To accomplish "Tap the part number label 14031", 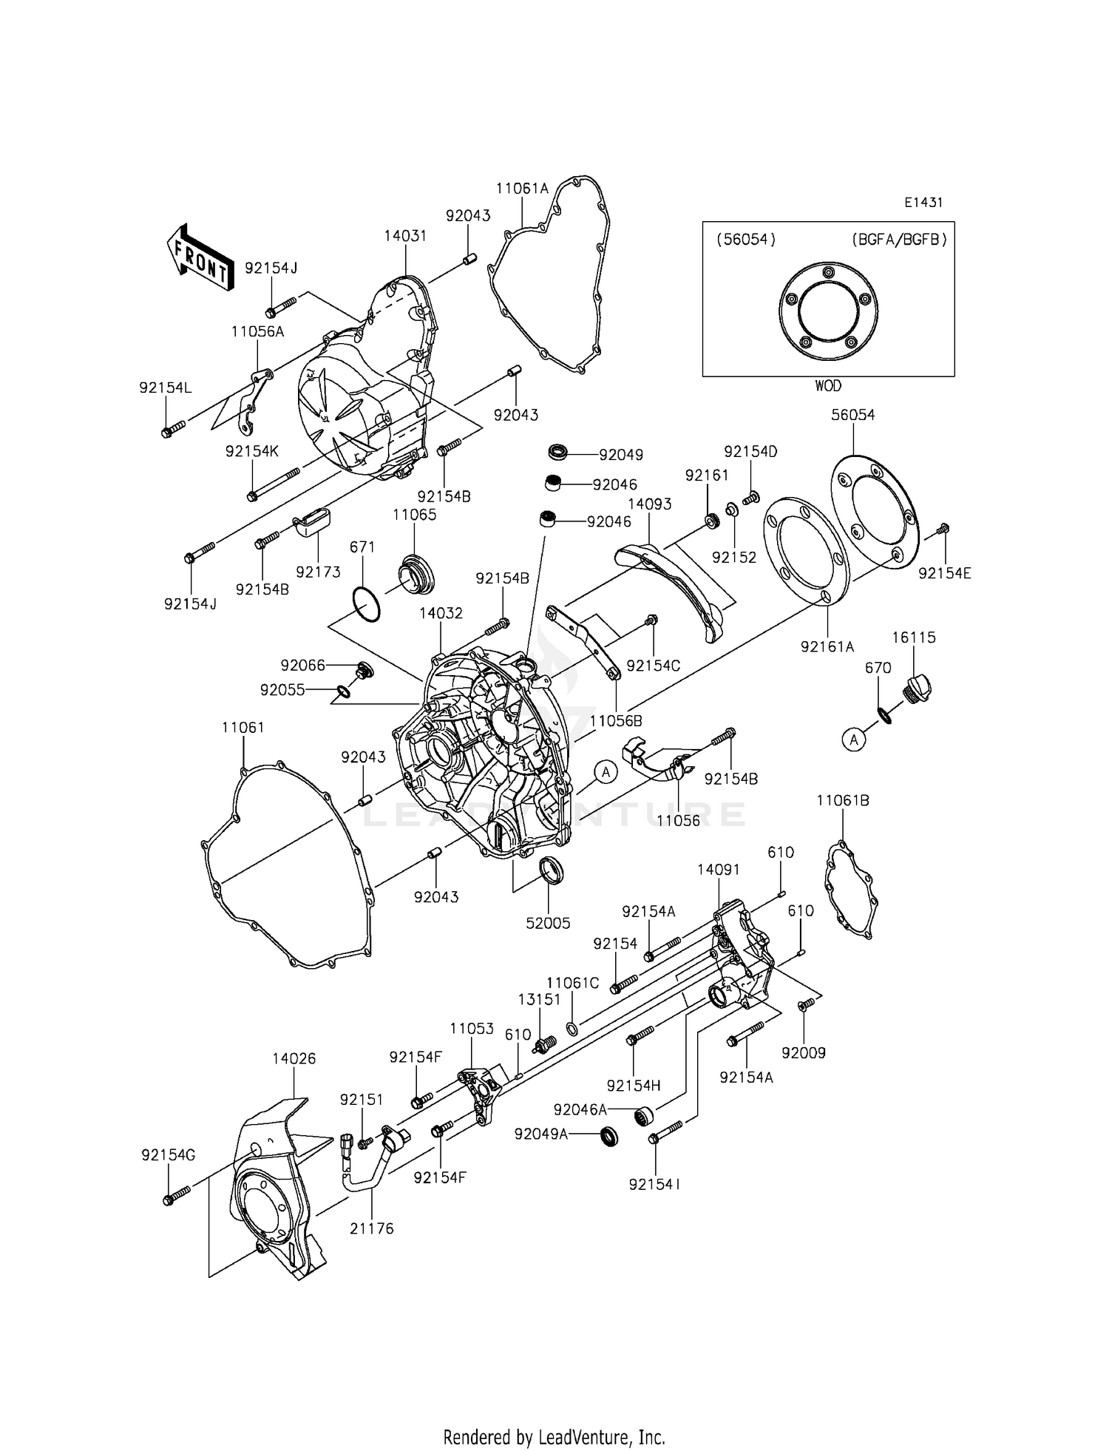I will (405, 236).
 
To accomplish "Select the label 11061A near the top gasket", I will (522, 189).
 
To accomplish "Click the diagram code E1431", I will (923, 202).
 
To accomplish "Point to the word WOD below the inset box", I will (828, 386).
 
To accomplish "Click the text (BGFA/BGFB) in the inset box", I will (899, 240).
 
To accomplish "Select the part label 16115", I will (914, 637).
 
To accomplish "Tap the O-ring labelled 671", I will (367, 604).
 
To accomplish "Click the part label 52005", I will (549, 923).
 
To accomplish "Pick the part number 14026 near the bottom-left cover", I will (294, 1058).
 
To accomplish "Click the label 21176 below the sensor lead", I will (372, 1228).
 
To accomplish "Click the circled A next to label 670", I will (854, 739).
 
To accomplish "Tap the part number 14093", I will (649, 504).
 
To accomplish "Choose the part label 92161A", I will (827, 646).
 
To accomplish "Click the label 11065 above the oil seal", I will (414, 515).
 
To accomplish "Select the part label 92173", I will (318, 572).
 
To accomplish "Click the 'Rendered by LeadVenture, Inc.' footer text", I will (554, 1437).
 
